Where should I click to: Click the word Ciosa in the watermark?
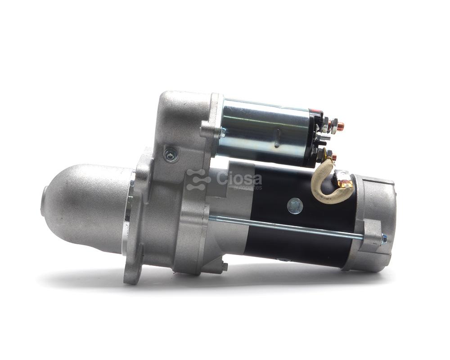(239, 179)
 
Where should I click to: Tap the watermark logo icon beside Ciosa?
(198, 180)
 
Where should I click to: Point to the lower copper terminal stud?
(333, 157)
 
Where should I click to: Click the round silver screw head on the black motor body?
(295, 206)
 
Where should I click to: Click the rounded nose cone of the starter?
(86, 207)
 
